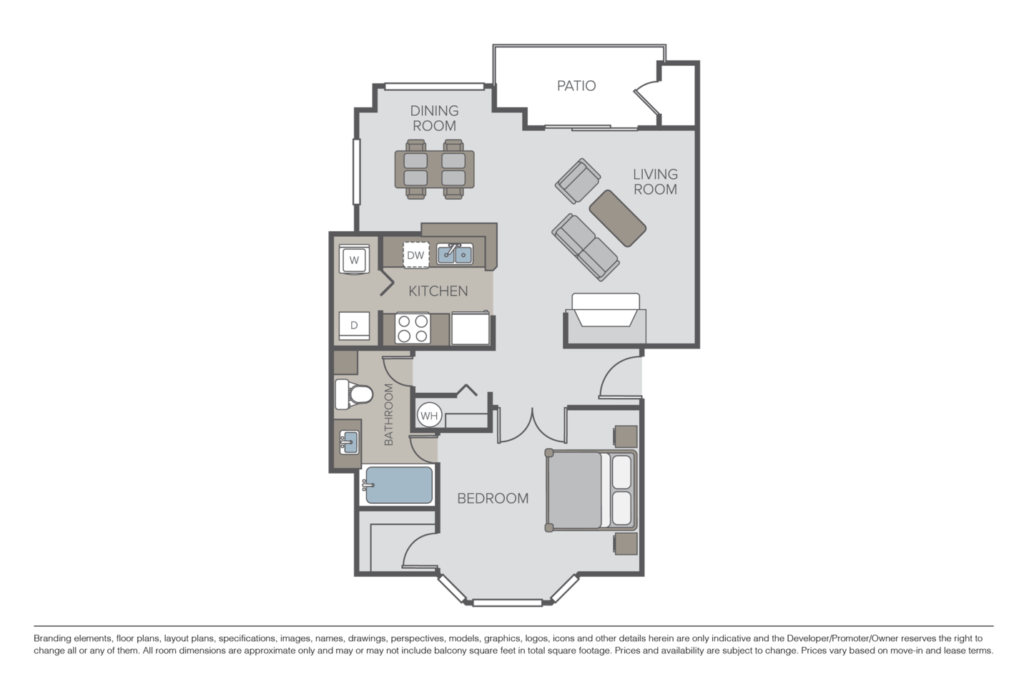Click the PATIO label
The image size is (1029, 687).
pyautogui.click(x=576, y=86)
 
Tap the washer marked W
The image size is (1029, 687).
pyautogui.click(x=354, y=259)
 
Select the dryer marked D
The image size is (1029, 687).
pyautogui.click(x=354, y=326)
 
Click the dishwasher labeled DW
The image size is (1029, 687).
pyautogui.click(x=415, y=255)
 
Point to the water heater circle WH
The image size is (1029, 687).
pyautogui.click(x=429, y=416)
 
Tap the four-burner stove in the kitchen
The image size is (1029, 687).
pyautogui.click(x=413, y=328)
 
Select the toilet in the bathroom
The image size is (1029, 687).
pyautogui.click(x=353, y=394)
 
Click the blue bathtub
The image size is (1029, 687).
pyautogui.click(x=399, y=485)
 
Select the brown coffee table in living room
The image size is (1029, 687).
pyautogui.click(x=617, y=218)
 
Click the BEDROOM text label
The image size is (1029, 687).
pyautogui.click(x=493, y=499)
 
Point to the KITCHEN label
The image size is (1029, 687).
pyautogui.click(x=438, y=291)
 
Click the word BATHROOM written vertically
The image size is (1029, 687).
pyautogui.click(x=388, y=414)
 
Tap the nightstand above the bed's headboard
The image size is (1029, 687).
pyautogui.click(x=625, y=437)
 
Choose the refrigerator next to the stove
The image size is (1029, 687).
pyautogui.click(x=471, y=328)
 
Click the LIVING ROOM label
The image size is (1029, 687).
pyautogui.click(x=655, y=182)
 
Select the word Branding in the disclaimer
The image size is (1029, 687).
pyautogui.click(x=50, y=639)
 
